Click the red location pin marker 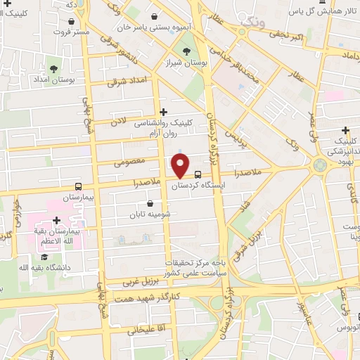click(x=180, y=166)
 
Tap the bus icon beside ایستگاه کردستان click(x=198, y=174)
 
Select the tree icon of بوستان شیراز click(x=187, y=51)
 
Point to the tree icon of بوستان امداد click(x=53, y=68)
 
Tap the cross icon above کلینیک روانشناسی click(x=164, y=111)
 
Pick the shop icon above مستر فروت click(x=71, y=20)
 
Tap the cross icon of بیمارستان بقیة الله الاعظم click(x=56, y=221)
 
